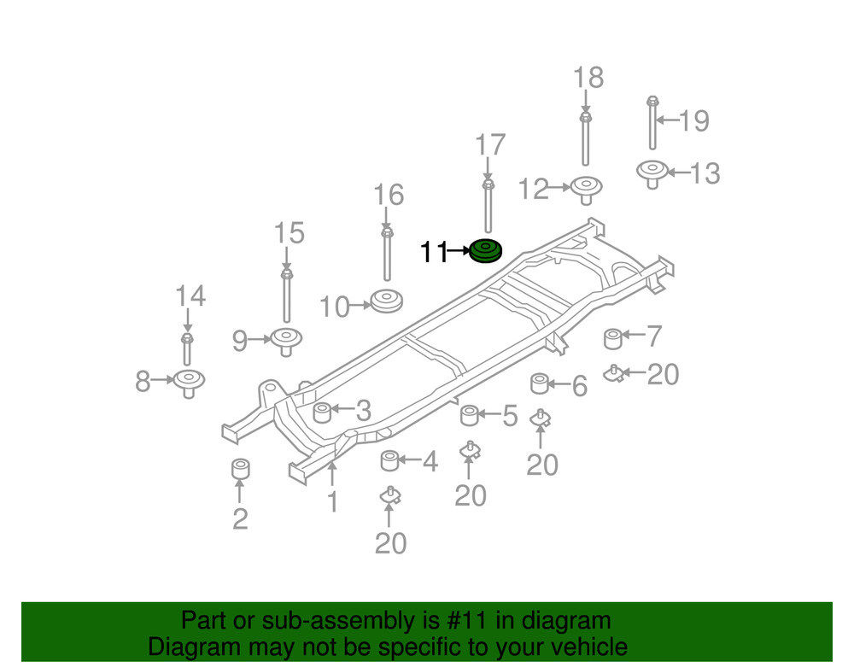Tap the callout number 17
tap(490, 146)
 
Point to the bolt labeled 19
tap(651, 124)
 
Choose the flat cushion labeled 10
tap(386, 301)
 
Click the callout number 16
tap(389, 196)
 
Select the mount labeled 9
tap(286, 340)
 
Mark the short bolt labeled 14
tap(187, 347)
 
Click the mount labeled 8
tap(189, 381)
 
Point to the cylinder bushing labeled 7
tap(612, 339)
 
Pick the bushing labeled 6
tap(540, 383)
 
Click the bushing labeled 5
tap(469, 416)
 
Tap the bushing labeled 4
tap(389, 461)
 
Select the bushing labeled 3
tap(322, 412)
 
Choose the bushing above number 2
tap(240, 470)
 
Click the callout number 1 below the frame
tap(332, 501)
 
